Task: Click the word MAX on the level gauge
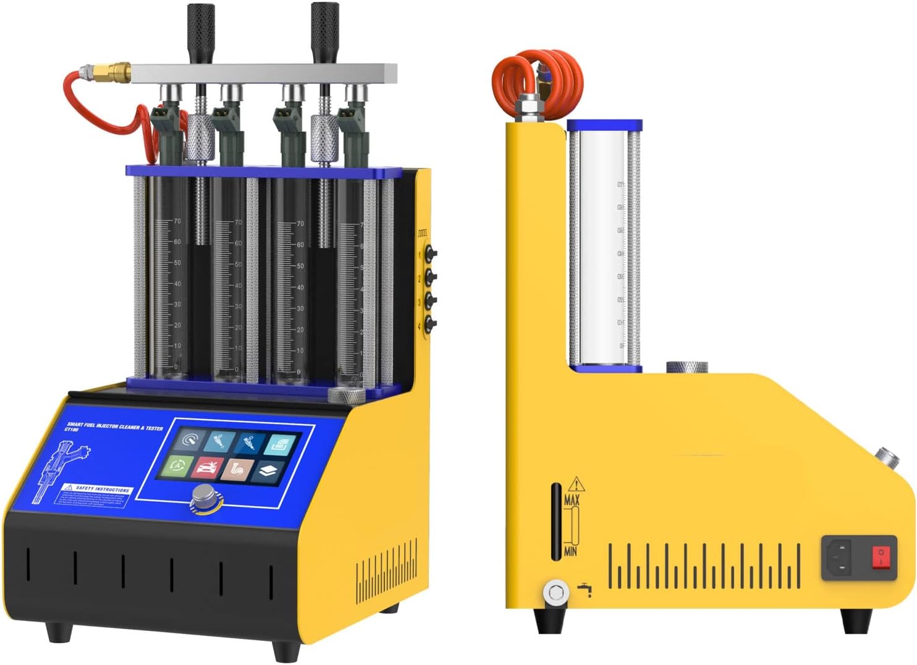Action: click(572, 500)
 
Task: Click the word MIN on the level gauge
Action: click(571, 550)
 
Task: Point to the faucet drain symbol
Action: click(585, 590)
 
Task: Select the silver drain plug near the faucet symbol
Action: click(556, 592)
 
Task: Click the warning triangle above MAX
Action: click(576, 484)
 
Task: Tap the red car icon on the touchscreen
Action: click(207, 467)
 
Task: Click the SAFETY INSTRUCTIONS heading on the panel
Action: click(103, 488)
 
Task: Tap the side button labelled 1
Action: click(429, 253)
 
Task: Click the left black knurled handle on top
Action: click(201, 32)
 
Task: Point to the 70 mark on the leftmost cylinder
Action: click(177, 221)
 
